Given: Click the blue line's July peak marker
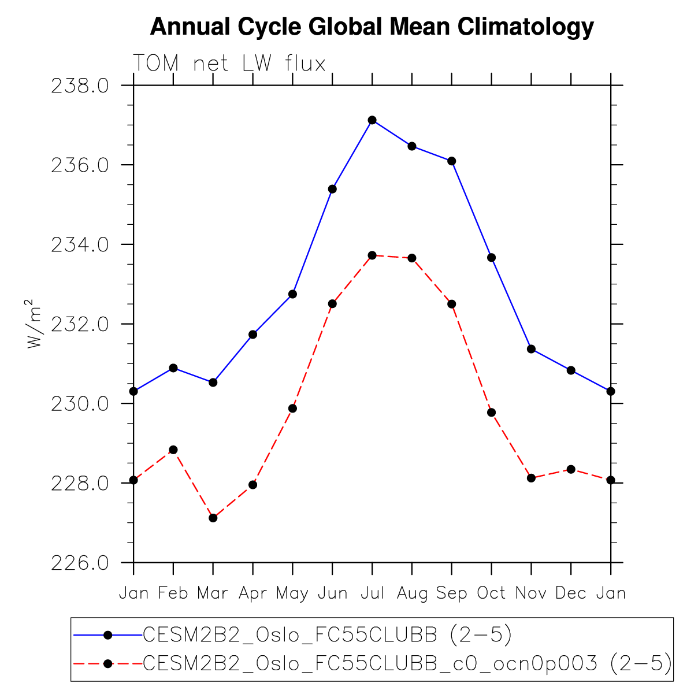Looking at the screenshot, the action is (372, 120).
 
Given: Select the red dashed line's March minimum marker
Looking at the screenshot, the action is (213, 518).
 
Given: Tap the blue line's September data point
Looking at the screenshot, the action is (451, 161).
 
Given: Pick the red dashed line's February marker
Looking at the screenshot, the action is (173, 450).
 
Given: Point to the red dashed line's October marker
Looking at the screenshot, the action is (491, 413).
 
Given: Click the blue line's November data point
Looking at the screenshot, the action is (531, 349).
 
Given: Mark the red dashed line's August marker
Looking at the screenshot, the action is (412, 258).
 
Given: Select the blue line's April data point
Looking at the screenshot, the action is (253, 335).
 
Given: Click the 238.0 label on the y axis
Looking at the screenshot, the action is (80, 86).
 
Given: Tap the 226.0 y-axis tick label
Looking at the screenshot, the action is (80, 563).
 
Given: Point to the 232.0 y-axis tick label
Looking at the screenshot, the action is (80, 325).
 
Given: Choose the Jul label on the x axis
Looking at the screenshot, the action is (372, 593).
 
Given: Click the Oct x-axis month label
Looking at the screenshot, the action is (491, 593).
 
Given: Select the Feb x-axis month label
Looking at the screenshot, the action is (173, 593).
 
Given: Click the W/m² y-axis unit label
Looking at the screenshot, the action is (34, 324).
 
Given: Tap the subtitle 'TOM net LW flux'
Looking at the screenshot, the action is (229, 63).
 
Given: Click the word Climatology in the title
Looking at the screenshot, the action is (526, 27).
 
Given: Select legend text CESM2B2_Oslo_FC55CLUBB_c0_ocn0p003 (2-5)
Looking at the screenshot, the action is (407, 663).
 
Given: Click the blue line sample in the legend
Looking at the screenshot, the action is (107, 635).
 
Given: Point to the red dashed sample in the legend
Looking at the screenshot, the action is (107, 663).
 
